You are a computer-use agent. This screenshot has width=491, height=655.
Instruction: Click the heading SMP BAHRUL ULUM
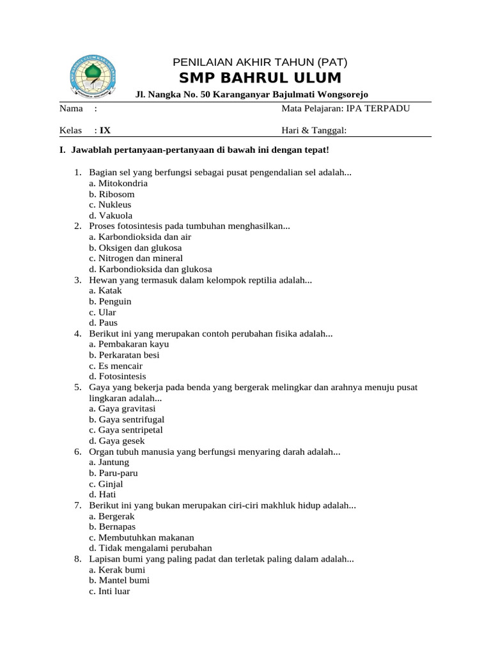point(260,78)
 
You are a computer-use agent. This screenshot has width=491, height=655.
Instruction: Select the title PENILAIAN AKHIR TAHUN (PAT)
point(260,62)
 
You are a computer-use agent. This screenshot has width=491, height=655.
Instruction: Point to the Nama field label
point(72,108)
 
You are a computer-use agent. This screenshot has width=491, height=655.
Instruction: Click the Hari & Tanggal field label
point(314,130)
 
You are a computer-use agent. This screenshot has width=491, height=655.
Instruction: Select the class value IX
point(105,130)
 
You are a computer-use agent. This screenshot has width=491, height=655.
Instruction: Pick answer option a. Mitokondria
point(118,183)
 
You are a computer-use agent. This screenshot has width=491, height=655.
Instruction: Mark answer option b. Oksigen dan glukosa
point(136,248)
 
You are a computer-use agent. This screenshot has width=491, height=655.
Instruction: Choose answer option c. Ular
point(103,312)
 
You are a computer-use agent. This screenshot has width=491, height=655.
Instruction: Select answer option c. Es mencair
point(116,366)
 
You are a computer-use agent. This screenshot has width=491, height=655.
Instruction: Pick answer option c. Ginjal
point(106,484)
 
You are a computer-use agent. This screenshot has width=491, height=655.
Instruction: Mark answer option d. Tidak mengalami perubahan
point(150,548)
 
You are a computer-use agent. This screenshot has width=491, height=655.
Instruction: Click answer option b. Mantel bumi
point(119,580)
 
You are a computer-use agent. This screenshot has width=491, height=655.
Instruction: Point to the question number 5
point(77,388)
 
